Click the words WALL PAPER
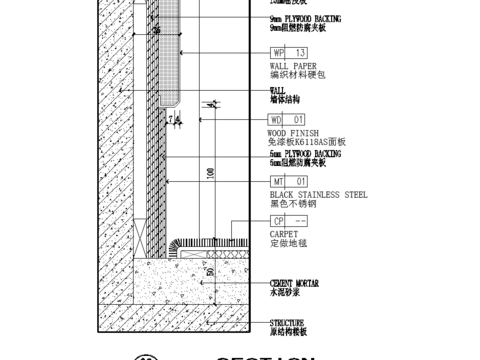(x=294, y=65)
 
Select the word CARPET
(x=285, y=233)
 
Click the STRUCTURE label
(x=290, y=322)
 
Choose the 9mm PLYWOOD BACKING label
(x=311, y=19)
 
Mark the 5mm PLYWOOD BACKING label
(x=311, y=155)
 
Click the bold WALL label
(x=278, y=90)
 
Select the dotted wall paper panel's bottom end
(x=167, y=97)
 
